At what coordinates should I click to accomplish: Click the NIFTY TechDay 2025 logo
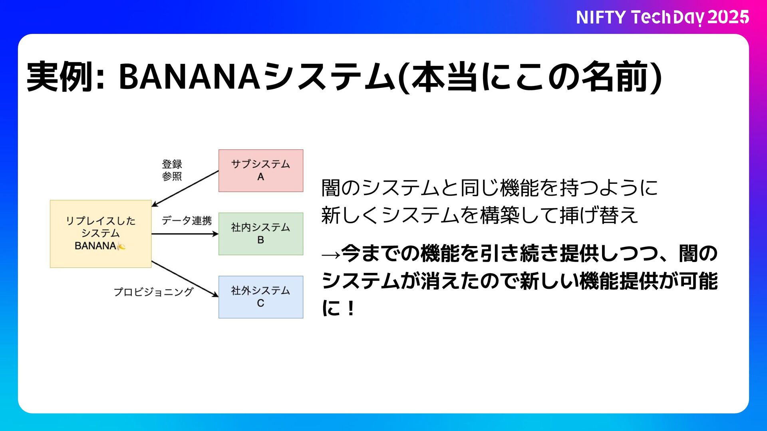click(662, 17)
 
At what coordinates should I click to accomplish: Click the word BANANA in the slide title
click(190, 76)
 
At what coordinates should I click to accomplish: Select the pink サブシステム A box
click(260, 171)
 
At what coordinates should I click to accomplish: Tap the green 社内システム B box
click(260, 234)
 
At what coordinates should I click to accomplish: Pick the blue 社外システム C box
click(260, 297)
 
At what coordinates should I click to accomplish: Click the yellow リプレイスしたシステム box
click(101, 234)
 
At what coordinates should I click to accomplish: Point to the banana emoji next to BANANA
click(121, 246)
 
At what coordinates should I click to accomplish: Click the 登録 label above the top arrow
click(172, 164)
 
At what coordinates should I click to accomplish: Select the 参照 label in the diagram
click(172, 176)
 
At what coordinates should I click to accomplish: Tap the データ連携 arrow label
click(187, 220)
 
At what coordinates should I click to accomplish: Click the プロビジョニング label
click(153, 292)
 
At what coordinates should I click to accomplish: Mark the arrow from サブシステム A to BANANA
click(185, 189)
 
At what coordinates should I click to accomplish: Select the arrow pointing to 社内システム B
click(185, 234)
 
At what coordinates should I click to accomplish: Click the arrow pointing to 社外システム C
click(185, 279)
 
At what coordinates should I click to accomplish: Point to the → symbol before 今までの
click(331, 254)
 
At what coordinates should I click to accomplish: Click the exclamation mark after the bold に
click(351, 308)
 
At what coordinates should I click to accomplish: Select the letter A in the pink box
click(260, 177)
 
